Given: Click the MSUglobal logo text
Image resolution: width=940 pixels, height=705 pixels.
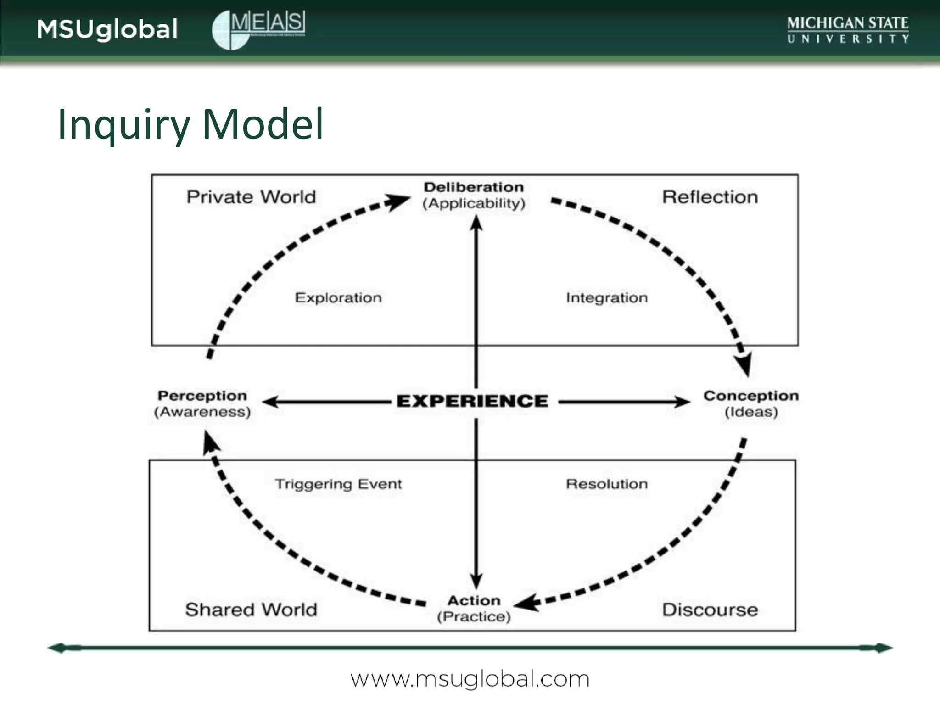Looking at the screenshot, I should [x=107, y=29].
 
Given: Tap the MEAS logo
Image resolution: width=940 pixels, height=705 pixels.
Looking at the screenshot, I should [x=258, y=29].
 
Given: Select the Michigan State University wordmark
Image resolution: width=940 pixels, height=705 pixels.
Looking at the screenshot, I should [x=847, y=30].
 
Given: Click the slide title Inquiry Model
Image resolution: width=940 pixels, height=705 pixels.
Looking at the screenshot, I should [x=190, y=124].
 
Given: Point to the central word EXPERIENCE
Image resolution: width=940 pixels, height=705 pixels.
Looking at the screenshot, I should [x=472, y=401].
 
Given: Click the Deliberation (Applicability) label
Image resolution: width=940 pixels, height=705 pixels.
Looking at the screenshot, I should [x=474, y=195].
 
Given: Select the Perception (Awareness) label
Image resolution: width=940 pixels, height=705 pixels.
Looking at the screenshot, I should [x=202, y=403].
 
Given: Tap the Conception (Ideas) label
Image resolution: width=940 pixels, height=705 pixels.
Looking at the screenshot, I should [x=751, y=403].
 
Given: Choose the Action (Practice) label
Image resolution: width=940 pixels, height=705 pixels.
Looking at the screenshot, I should [x=474, y=608].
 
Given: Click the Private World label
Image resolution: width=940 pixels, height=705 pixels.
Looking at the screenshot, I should [x=251, y=197].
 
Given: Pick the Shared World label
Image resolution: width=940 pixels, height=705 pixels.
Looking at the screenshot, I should [x=251, y=610].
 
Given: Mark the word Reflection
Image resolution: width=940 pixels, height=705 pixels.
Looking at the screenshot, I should [x=710, y=197].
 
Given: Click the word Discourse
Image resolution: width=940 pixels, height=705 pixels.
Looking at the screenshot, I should [x=710, y=610].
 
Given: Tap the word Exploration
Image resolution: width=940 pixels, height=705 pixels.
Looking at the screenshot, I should [x=338, y=297].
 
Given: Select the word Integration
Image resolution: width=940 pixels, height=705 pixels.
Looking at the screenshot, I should [x=607, y=297].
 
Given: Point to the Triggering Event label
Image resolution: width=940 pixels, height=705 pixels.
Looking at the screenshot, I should [x=338, y=484].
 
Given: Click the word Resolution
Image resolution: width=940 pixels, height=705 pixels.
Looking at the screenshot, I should [x=607, y=484].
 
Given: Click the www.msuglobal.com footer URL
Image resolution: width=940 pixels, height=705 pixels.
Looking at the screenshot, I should [x=470, y=679].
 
